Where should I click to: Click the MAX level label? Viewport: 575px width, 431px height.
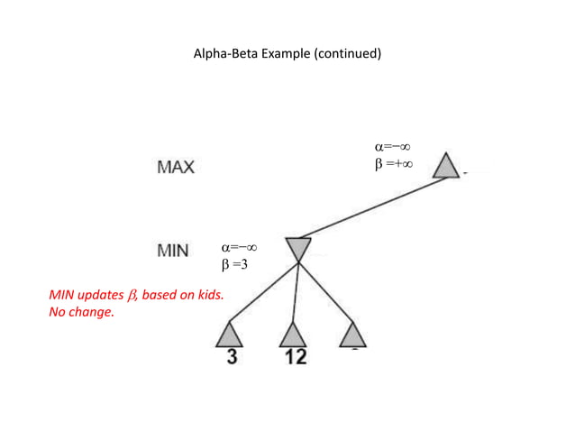[176, 168]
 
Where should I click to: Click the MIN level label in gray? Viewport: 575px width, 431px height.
[173, 251]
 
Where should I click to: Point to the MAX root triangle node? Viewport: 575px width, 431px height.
[445, 167]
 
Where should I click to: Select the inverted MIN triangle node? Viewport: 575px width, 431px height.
[298, 248]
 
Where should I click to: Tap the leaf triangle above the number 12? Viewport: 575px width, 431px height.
[293, 335]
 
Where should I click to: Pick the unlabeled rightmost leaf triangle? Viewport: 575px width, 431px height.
[353, 335]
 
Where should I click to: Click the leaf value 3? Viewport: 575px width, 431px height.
[232, 357]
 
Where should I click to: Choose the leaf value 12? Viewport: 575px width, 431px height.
[295, 357]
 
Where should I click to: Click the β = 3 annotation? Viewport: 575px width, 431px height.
[234, 264]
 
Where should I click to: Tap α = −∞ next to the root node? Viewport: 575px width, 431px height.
[394, 147]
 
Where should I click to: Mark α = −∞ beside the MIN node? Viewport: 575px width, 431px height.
[240, 247]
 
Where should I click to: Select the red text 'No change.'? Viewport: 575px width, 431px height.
[81, 313]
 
